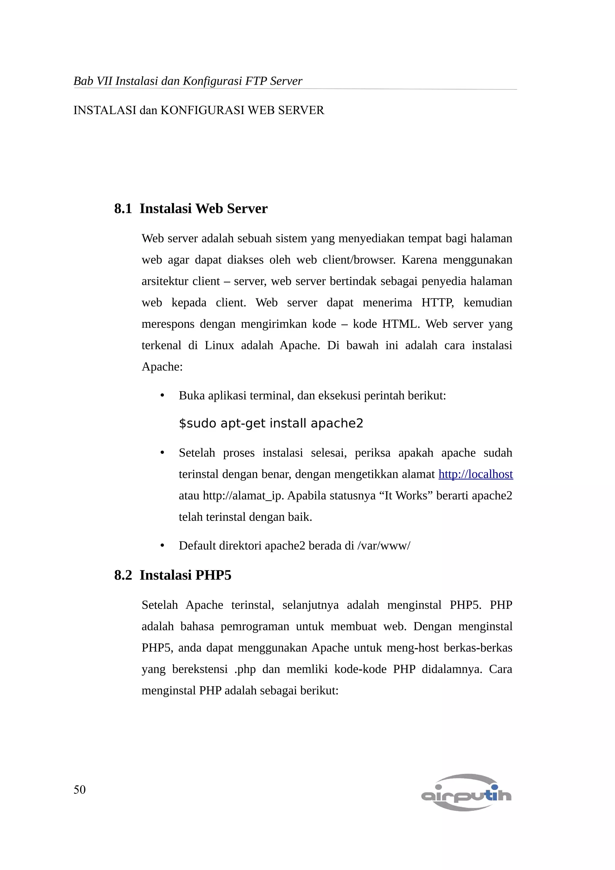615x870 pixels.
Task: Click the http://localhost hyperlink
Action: click(x=476, y=474)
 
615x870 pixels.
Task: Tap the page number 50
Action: click(x=80, y=789)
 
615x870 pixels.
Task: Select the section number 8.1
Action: click(x=123, y=208)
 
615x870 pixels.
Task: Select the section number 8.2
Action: click(x=123, y=575)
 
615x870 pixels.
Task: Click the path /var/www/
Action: click(x=384, y=546)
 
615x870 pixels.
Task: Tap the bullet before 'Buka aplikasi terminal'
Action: click(x=162, y=396)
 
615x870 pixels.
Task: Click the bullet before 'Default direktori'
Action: click(x=162, y=546)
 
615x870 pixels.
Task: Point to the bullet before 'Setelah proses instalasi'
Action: click(x=162, y=453)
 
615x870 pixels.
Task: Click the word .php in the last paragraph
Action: click(x=245, y=669)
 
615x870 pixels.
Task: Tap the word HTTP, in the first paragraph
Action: click(x=438, y=302)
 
